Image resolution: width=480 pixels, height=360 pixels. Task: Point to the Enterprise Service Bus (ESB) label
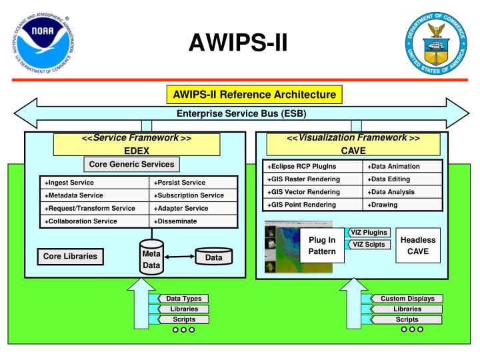pyautogui.click(x=240, y=113)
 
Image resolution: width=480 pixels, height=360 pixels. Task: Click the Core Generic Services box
pyautogui.click(x=132, y=163)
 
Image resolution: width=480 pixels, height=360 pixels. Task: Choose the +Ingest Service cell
pyautogui.click(x=93, y=182)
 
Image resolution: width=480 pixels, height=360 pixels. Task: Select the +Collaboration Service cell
pyautogui.click(x=93, y=221)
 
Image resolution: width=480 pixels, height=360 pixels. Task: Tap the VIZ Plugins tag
pyautogui.click(x=369, y=233)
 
